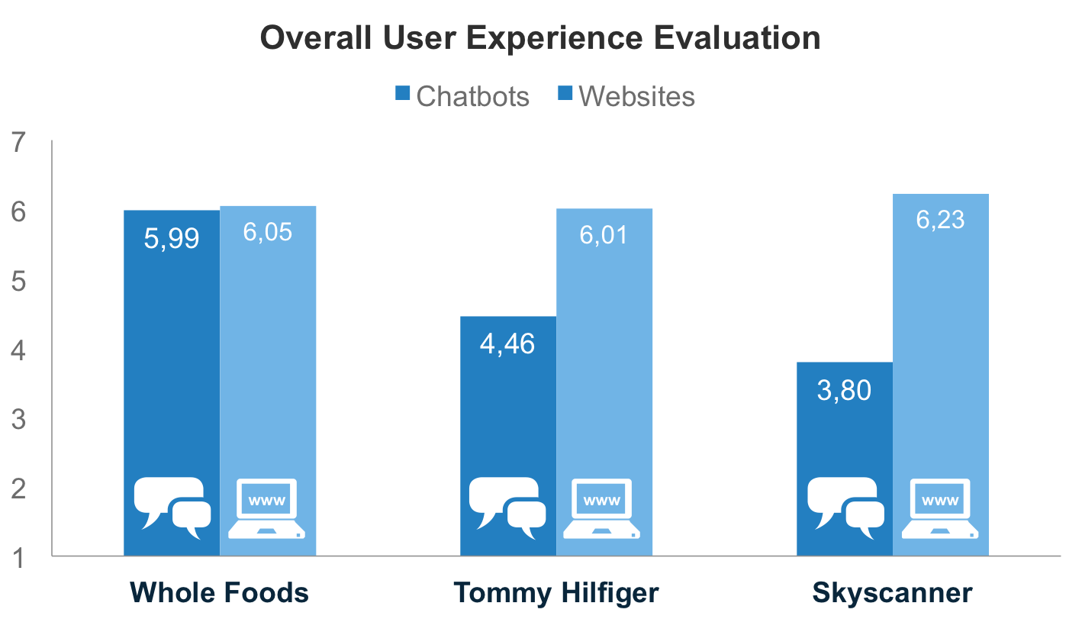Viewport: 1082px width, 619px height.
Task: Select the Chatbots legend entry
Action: pos(462,97)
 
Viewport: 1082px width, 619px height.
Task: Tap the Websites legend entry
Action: pos(626,97)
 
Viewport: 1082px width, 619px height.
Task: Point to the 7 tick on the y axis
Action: pos(20,143)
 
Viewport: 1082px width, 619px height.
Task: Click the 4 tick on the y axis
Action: pos(20,351)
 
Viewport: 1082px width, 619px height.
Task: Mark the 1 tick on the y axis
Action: pos(20,558)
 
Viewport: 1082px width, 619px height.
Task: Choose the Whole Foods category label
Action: pos(219,593)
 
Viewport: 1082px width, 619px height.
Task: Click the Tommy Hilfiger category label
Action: pos(556,593)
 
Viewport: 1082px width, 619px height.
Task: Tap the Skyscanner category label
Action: pos(892,593)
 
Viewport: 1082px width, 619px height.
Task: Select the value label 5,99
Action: pos(172,239)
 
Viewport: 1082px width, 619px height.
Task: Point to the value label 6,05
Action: pos(268,232)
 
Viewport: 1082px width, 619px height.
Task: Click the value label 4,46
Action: pos(507,344)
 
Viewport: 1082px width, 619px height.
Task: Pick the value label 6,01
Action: pos(604,234)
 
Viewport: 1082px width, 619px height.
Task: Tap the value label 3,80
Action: pos(844,390)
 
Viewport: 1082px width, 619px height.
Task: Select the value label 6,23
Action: pos(940,220)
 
